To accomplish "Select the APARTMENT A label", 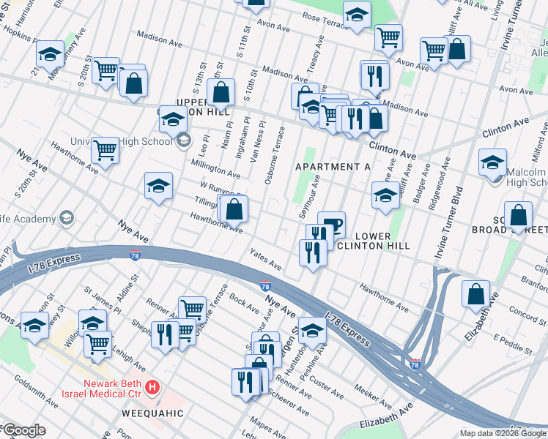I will coord(333,167).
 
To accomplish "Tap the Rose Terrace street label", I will coord(318,17).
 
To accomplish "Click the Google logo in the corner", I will coord(23,430).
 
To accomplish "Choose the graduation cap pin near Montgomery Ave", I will coord(50,54).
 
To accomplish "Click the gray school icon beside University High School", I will coord(183,140).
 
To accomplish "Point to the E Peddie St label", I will coord(511,342).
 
